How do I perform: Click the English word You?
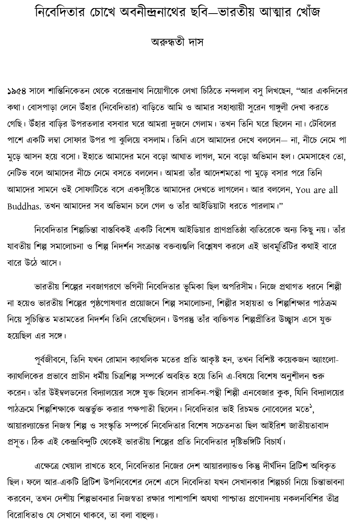(x=303, y=190)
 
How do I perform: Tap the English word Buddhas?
(x=24, y=206)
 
